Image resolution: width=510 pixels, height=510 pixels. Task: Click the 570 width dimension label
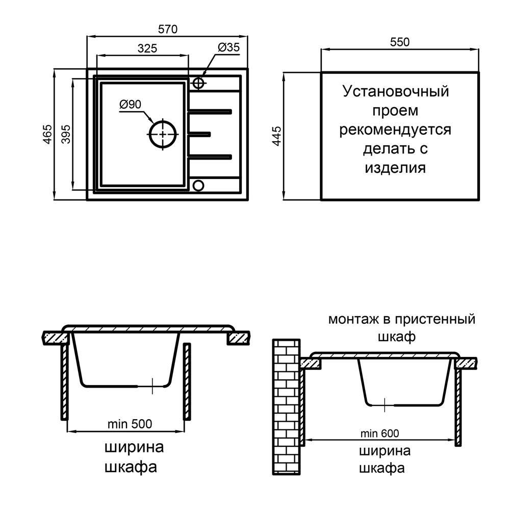[x=167, y=30]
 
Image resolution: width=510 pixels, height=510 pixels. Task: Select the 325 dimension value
[x=147, y=48]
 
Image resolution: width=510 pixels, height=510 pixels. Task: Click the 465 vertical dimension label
[x=47, y=135]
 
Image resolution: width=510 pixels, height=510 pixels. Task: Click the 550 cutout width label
[x=400, y=42]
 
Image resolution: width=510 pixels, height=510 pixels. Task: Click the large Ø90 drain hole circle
[x=163, y=134]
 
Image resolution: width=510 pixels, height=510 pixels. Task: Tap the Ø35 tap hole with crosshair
[x=199, y=83]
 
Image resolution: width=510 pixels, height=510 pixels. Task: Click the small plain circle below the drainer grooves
[x=198, y=185]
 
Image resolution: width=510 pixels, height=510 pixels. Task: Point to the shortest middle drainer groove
[x=199, y=134]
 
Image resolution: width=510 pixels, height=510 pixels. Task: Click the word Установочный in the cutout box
[x=396, y=92]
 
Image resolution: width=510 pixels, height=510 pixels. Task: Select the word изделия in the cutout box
[x=395, y=168]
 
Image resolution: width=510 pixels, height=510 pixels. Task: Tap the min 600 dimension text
[x=380, y=433]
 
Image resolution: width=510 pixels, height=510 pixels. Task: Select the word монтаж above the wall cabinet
[x=352, y=320]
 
